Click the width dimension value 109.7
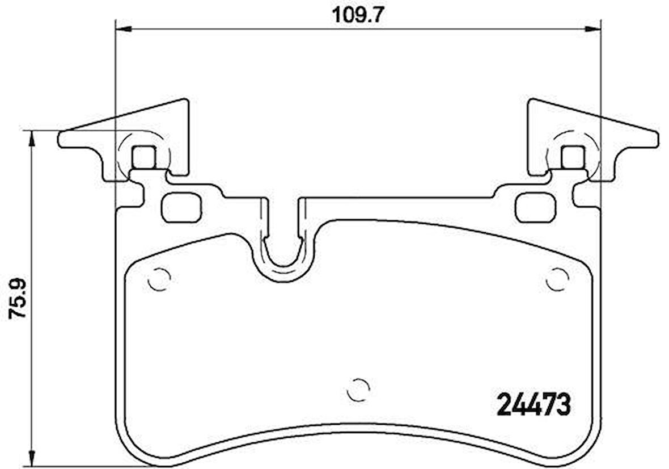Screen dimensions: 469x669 (x=358, y=14)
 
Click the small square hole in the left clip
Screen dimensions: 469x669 (x=143, y=157)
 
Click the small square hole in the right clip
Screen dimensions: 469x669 (x=572, y=157)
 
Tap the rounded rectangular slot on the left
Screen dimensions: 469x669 (x=181, y=207)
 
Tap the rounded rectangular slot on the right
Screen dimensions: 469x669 (x=535, y=207)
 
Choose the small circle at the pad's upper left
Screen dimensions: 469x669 (x=159, y=279)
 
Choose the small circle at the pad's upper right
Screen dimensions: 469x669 (x=557, y=279)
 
